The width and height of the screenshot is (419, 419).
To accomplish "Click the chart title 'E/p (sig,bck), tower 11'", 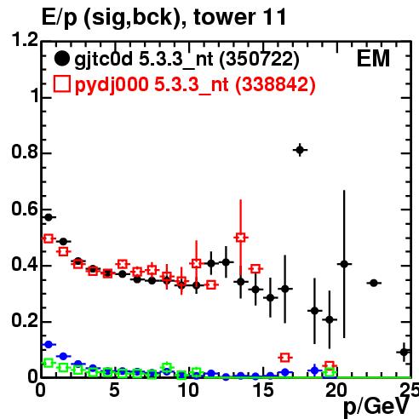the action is (164, 17).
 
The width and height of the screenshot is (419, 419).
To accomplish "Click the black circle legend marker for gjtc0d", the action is (62, 59).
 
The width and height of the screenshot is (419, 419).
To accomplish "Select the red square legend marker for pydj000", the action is (62, 84).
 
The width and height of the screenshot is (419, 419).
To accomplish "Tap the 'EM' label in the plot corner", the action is (373, 59).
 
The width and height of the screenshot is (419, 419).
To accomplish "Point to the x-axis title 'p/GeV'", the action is (376, 406).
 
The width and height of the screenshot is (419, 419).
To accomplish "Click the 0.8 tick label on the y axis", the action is (25, 152).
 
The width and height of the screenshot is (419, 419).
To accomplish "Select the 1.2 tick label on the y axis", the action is (25, 40).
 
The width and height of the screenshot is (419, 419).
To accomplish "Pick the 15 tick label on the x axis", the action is (263, 390).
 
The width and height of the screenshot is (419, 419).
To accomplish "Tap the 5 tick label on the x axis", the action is (114, 390).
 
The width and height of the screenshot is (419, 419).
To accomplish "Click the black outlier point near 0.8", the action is (300, 150).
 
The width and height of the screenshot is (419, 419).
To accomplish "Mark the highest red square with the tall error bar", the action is (241, 238).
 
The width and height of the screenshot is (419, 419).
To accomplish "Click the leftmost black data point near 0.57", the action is (49, 217).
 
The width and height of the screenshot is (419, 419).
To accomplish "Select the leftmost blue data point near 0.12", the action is (49, 344).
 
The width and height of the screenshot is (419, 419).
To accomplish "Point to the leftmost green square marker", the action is (49, 363).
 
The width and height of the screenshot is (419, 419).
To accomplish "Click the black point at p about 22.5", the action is (374, 283).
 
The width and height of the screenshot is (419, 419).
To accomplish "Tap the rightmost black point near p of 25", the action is (405, 352).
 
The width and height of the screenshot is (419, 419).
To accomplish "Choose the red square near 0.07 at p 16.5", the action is (285, 358).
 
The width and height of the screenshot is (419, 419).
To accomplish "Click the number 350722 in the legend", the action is (259, 59).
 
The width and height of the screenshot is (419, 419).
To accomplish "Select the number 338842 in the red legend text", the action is (275, 84).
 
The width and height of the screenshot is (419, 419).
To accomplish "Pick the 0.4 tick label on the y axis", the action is (25, 265).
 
